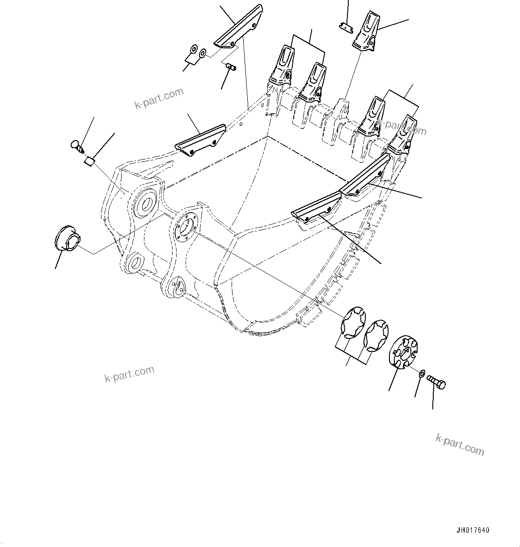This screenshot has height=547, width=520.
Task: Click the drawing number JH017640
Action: [x=473, y=530]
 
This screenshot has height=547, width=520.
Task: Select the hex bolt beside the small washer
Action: [x=436, y=383]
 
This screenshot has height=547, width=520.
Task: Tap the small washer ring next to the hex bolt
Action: [x=422, y=373]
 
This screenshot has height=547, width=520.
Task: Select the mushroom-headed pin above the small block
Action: [x=77, y=145]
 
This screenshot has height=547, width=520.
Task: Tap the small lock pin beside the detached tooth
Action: [x=345, y=27]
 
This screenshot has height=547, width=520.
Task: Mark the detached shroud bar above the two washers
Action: [x=238, y=27]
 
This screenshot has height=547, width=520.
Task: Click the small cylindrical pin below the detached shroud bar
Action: [x=231, y=67]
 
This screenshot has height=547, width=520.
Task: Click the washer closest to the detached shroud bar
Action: [x=203, y=54]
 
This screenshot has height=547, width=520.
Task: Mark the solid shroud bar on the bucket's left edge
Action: [x=200, y=140]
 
